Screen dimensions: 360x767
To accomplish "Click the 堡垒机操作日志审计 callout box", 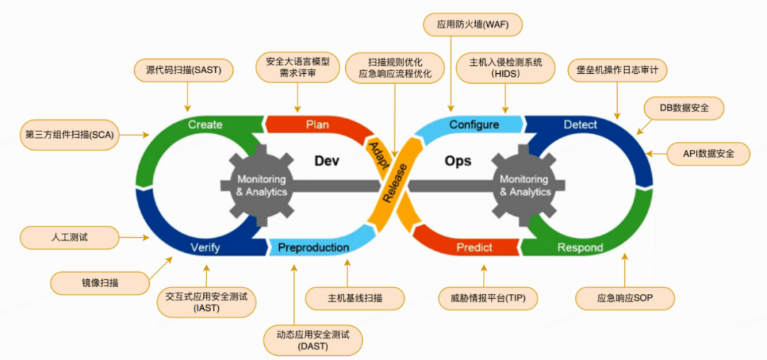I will (617, 70).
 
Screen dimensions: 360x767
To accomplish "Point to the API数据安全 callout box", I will (709, 154).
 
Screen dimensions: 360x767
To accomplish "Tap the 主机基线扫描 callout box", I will (345, 298).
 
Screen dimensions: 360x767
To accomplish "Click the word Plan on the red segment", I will (317, 125).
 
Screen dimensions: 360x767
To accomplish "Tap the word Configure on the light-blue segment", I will (474, 125).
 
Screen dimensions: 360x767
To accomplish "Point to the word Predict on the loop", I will (474, 247).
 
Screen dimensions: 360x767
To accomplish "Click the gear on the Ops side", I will (525, 185).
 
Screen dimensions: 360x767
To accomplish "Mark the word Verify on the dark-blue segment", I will (205, 248).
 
